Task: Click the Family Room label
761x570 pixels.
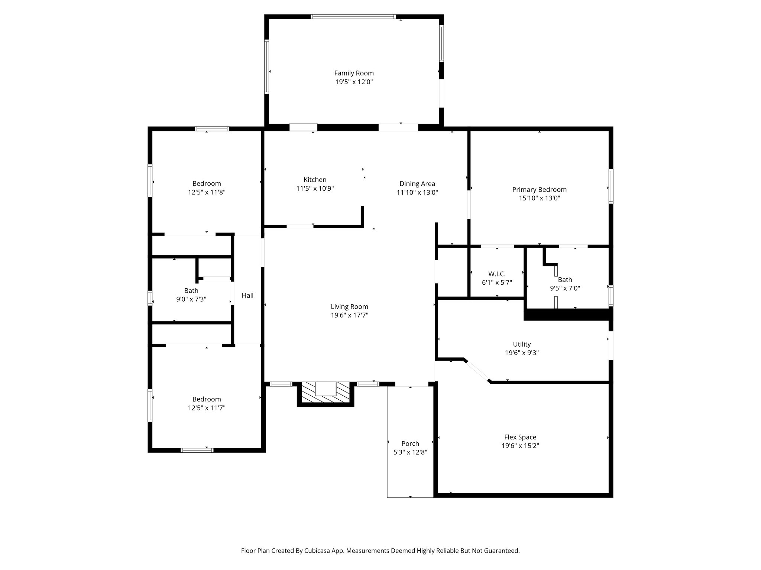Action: coord(354,73)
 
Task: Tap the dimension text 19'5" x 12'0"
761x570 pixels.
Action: coord(354,82)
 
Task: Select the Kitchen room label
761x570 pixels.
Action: coord(315,180)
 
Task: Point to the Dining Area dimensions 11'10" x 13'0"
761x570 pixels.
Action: coord(417,193)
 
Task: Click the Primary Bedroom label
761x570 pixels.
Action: coord(539,189)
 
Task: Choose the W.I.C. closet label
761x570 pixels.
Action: coord(497,274)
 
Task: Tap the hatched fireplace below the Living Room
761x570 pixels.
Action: coord(326,393)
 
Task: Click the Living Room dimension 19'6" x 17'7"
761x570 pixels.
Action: coord(349,315)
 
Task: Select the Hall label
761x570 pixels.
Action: coord(247,295)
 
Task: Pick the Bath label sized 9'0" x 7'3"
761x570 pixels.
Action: coord(191,291)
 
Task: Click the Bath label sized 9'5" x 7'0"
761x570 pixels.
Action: coord(565,279)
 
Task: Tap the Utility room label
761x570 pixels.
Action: coord(522,344)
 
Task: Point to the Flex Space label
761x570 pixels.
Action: coord(520,437)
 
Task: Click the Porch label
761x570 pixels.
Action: coord(410,443)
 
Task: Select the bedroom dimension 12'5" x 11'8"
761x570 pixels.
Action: coord(207,192)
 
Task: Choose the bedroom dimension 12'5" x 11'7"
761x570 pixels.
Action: coord(207,408)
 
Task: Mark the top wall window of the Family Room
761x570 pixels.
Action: coord(353,16)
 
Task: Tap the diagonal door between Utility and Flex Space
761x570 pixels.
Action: coord(477,370)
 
